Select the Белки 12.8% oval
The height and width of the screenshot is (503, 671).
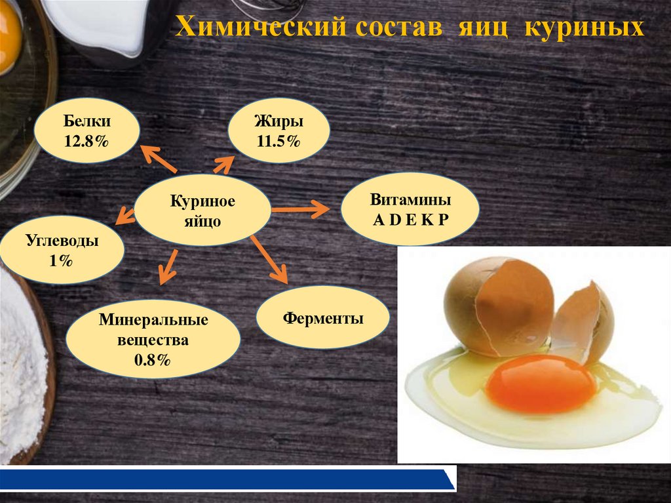86,131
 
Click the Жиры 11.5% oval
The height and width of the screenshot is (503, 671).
278,131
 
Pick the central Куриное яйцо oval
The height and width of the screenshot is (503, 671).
202,210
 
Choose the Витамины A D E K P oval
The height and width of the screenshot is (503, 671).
410,209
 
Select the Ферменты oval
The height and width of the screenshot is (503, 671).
323,319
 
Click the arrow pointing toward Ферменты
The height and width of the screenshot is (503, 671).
269,258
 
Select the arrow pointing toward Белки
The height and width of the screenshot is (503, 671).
159,160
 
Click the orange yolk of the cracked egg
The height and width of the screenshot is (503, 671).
541,384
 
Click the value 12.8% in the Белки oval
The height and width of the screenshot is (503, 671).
86,140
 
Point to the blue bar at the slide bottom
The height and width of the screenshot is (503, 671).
223,479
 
